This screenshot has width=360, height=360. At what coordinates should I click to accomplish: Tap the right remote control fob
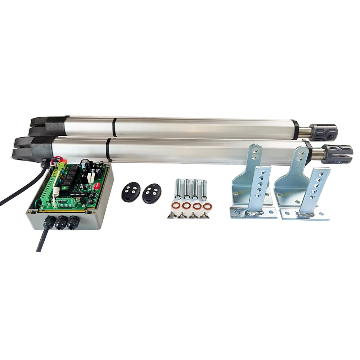point(152,193)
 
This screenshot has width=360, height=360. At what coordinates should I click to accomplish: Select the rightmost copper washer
point(207,207)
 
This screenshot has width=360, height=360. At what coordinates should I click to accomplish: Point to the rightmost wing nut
point(204,216)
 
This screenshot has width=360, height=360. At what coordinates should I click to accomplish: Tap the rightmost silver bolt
point(204,189)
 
